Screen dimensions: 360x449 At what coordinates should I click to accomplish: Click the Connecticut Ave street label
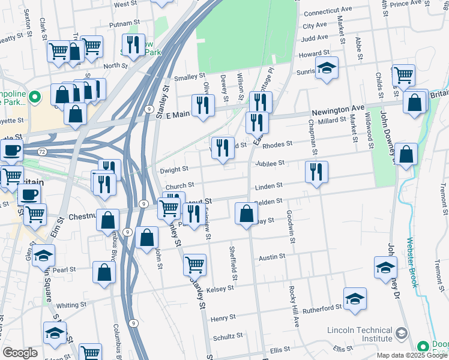point(330,13)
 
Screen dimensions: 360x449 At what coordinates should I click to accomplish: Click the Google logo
point(20,353)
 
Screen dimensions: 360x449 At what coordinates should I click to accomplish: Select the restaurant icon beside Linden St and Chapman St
point(316,172)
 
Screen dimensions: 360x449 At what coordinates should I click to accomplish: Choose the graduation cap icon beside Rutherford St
point(355,298)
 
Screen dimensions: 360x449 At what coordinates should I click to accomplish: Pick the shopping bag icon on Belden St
point(246,213)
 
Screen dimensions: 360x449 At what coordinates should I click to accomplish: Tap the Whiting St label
point(71,305)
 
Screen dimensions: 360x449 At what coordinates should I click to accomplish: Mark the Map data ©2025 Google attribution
point(411,355)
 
